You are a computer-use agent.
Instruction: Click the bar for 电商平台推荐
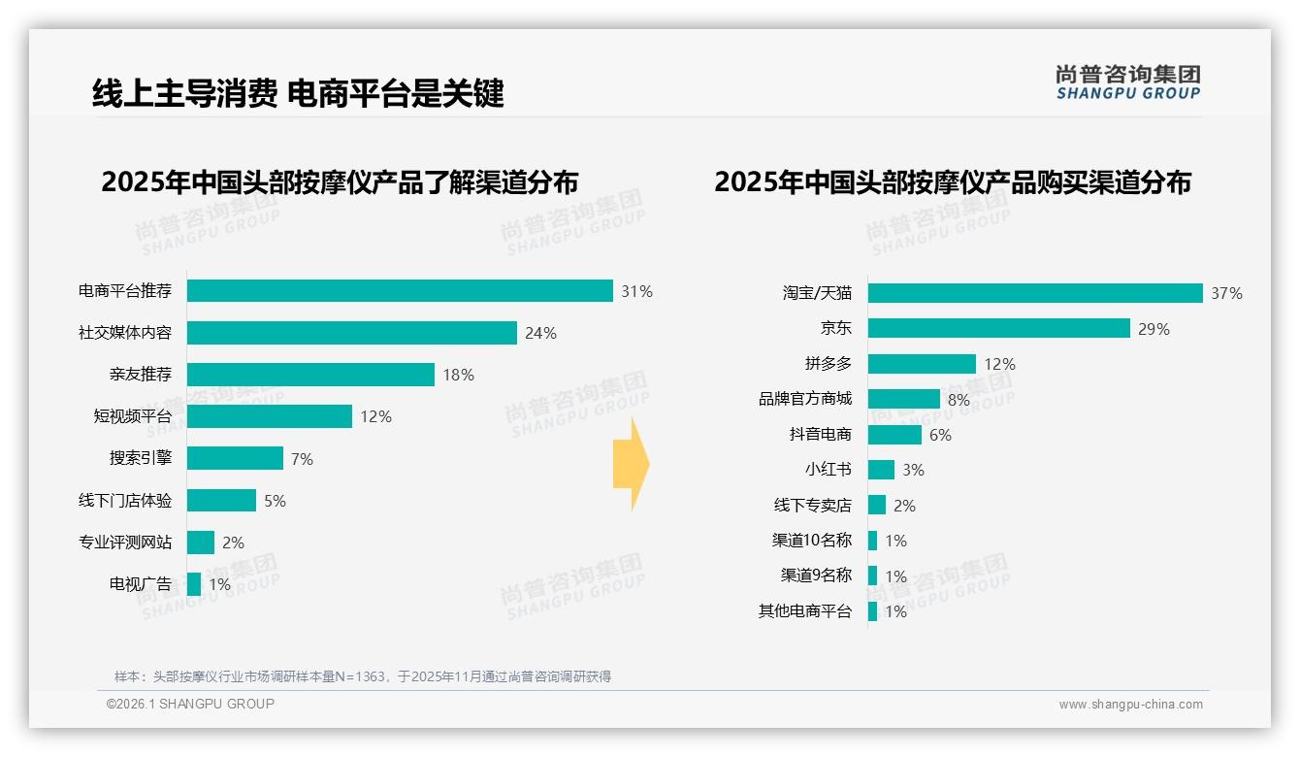400,291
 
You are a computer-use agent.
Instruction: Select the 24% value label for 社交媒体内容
540,333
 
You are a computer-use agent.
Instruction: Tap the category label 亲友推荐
141,375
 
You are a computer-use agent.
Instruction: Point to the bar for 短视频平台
270,416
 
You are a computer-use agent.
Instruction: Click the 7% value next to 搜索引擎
302,459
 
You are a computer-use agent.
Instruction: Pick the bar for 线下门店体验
221,501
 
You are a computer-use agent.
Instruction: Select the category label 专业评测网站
125,543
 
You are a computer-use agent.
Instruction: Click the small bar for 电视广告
194,584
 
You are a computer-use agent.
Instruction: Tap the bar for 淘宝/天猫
1035,293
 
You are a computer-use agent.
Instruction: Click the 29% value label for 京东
1154,329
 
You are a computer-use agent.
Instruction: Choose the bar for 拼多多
922,364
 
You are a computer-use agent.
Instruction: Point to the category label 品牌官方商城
805,399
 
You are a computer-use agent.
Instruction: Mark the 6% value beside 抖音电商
940,435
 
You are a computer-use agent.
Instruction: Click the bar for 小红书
881,470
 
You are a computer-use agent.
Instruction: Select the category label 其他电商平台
805,611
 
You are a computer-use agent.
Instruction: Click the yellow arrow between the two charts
631,465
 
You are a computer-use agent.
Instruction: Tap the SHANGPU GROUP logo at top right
1128,82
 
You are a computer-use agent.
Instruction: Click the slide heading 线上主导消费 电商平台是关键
298,93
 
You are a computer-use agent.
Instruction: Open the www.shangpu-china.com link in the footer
1130,705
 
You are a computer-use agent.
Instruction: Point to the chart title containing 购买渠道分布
952,182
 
